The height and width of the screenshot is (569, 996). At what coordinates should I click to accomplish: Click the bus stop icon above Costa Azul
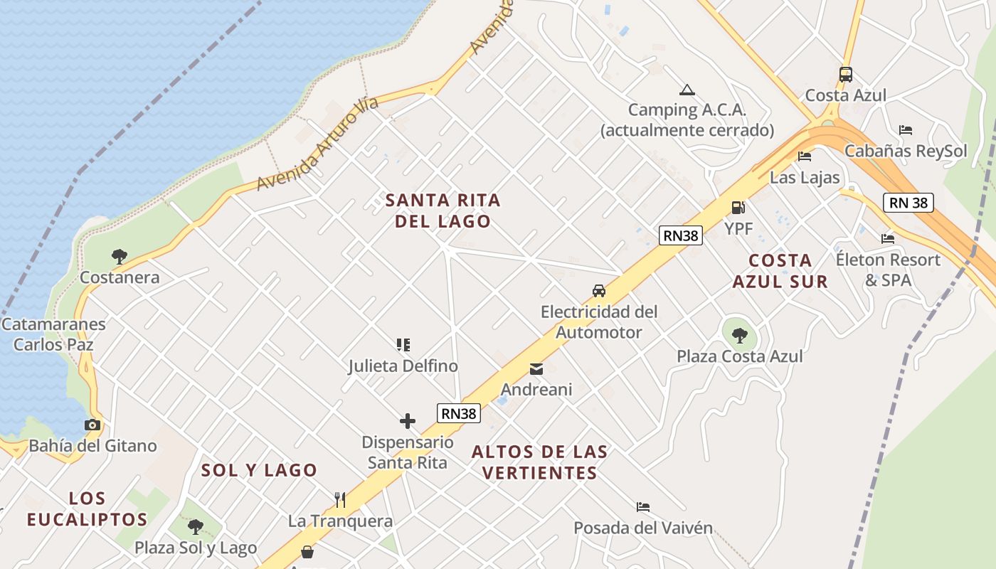coord(845,74)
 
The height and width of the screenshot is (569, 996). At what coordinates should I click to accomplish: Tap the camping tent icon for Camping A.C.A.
coord(687,90)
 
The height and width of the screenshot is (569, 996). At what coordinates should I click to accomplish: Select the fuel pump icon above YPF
coord(738,208)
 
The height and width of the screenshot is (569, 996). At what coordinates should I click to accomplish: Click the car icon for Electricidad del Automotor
coord(599,291)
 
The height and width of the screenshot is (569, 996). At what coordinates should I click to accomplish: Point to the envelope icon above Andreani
coord(536,369)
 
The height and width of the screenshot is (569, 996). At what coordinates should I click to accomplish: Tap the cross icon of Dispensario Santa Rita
coord(408,421)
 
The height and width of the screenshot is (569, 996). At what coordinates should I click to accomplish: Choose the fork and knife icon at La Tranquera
coord(340,500)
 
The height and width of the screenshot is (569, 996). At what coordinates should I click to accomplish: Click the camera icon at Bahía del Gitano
coord(92,425)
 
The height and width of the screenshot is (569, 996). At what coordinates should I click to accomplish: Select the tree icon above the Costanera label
coord(120,256)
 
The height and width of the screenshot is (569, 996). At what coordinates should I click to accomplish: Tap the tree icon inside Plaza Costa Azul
coord(739,335)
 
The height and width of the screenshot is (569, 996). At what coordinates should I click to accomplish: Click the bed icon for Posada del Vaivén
coord(643,507)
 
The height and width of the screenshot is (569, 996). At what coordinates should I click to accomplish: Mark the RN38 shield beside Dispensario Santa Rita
coord(459,413)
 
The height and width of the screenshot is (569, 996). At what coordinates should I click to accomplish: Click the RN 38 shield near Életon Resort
coord(908,203)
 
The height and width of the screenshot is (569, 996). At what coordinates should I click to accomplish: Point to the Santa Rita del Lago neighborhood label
coord(443,211)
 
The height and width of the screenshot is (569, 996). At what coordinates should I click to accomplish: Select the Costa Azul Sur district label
coord(780,271)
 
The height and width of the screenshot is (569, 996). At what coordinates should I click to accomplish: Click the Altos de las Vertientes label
coord(539,462)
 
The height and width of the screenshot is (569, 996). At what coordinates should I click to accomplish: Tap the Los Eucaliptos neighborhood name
coord(87,509)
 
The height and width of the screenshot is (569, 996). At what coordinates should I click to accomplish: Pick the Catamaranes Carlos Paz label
coord(53,334)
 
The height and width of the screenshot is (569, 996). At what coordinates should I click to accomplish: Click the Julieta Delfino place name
coord(403,366)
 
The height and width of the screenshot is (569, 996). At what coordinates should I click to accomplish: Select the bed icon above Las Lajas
coord(805,156)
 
